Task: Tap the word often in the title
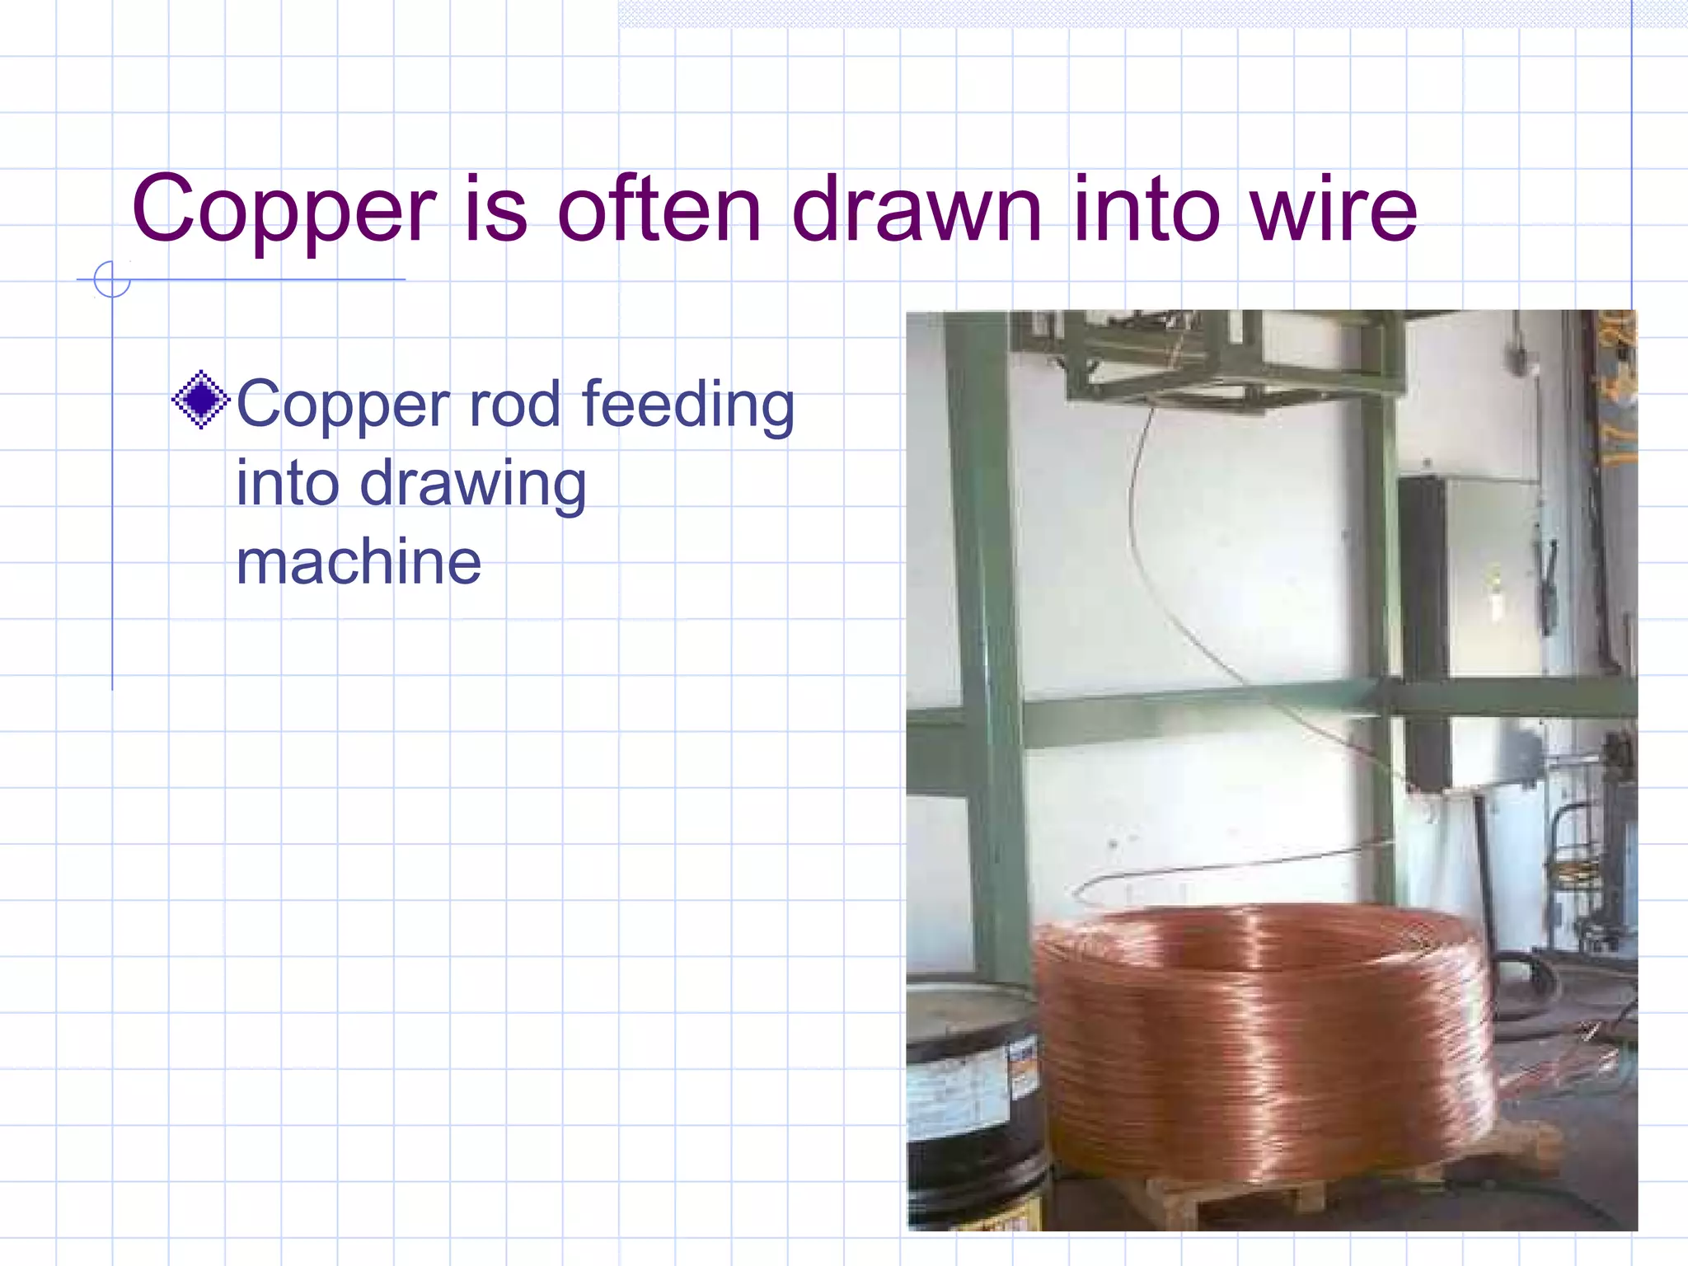tap(659, 210)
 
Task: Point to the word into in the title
tap(1146, 210)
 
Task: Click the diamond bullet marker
tap(200, 401)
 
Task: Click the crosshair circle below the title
tap(112, 279)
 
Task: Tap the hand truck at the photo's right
tap(1578, 874)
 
